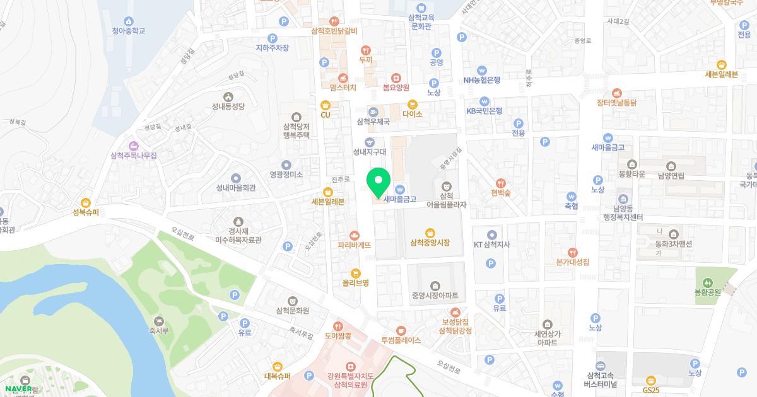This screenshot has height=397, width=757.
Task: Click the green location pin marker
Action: [x=378, y=183]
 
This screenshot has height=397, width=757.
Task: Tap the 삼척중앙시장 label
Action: [x=430, y=243]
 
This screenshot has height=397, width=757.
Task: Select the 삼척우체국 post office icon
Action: [x=373, y=112]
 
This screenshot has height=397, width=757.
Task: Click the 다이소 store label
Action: [x=412, y=114]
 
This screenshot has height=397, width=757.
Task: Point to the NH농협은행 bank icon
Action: [x=482, y=70]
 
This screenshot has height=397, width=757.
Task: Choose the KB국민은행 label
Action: [x=484, y=111]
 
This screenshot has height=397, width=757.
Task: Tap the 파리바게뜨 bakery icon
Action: [x=354, y=234]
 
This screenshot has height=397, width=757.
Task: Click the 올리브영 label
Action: [x=355, y=283]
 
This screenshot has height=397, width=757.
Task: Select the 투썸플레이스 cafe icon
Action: [x=401, y=330]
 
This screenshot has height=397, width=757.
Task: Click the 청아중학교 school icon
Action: [x=129, y=21]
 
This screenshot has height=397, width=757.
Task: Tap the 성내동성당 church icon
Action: [x=228, y=96]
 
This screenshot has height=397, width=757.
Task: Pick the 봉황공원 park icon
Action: [x=707, y=282]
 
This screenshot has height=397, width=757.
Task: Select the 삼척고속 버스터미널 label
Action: [x=600, y=379]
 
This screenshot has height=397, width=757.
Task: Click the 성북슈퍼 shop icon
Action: [x=86, y=202]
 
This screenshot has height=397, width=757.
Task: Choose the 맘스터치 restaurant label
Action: [x=343, y=87]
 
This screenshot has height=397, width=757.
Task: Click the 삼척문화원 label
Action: [x=292, y=311]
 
